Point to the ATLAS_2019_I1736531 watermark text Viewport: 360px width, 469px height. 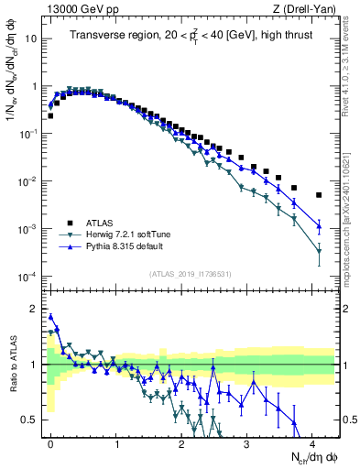coord(191,274)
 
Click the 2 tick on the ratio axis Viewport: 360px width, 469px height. coord(35,309)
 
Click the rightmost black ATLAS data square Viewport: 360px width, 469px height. coord(319,195)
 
